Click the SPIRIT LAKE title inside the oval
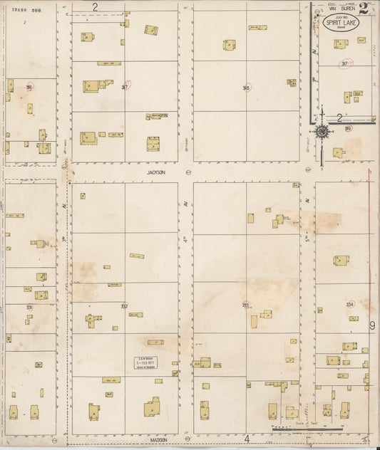pyautogui.click(x=341, y=23)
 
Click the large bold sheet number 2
pyautogui.click(x=364, y=9)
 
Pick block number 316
pyautogui.click(x=29, y=87)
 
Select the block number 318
pyautogui.click(x=246, y=88)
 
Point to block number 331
pyautogui.click(x=29, y=307)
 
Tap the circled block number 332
pyautogui.click(x=124, y=306)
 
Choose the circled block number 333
pyautogui.click(x=245, y=305)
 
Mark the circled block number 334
pyautogui.click(x=349, y=304)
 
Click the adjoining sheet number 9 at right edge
pyautogui.click(x=372, y=325)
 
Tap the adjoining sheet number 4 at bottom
pyautogui.click(x=247, y=439)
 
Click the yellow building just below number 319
pyautogui.click(x=338, y=152)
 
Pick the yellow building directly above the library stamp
pyautogui.click(x=155, y=342)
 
